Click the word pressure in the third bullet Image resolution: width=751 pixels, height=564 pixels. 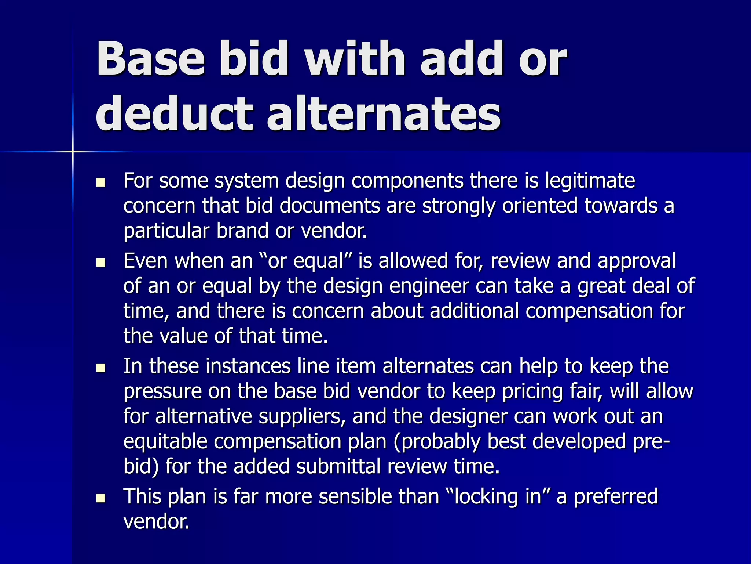(x=162, y=392)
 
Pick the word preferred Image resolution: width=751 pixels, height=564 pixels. (x=616, y=497)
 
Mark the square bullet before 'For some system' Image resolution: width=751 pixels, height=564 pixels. (x=100, y=182)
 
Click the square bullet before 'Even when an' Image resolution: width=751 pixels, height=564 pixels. (x=100, y=263)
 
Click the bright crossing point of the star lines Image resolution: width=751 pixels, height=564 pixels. (x=73, y=151)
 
